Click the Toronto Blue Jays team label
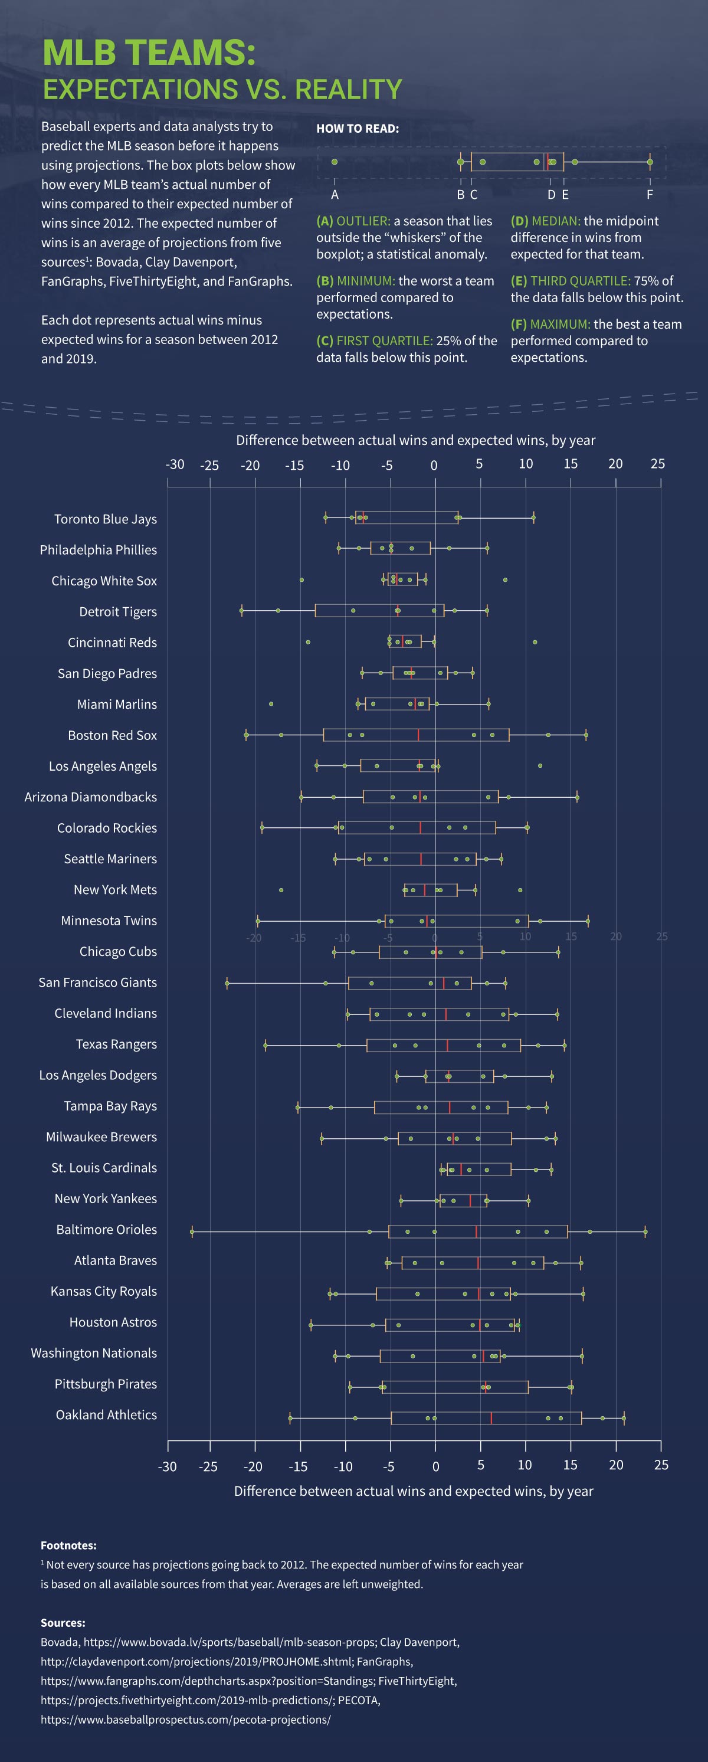pos(106,519)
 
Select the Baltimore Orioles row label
pos(106,1229)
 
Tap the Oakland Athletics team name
pos(106,1414)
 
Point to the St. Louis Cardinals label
pos(104,1168)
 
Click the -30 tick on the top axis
pos(175,464)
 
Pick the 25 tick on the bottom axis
pos(661,1465)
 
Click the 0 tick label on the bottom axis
pos(436,1465)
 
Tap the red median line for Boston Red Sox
pos(418,735)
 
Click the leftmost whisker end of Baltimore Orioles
pos(192,1232)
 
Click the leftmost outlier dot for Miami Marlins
pos(271,704)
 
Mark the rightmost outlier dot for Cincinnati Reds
pos(535,641)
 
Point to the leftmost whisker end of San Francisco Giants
pos(227,984)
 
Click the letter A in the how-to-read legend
pos(335,195)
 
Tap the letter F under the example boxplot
pos(650,195)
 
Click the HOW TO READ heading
pos(357,129)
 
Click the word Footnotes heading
pos(68,1545)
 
